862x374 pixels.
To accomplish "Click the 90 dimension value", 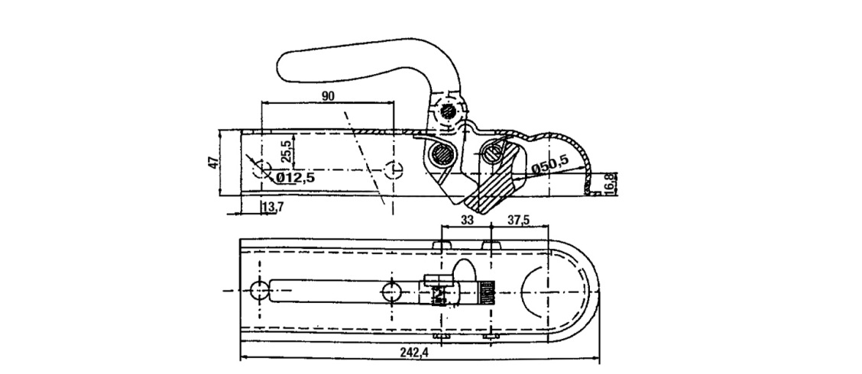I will pos(329,95).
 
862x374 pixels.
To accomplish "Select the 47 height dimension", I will pos(215,163).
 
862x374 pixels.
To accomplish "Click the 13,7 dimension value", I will pos(272,207).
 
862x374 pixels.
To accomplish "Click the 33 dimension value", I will pos(468,219).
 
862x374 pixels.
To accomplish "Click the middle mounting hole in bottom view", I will pos(394,290).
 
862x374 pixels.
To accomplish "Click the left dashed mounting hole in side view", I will pos(264,169).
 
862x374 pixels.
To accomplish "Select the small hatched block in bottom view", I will pos(487,291).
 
